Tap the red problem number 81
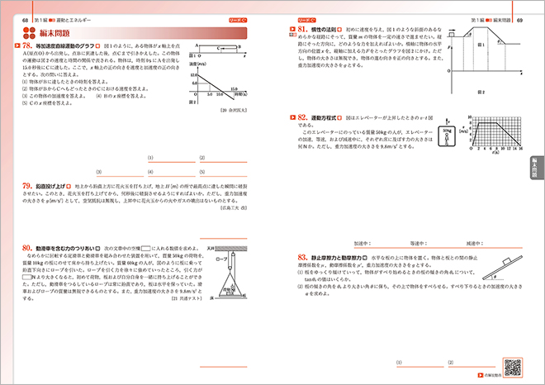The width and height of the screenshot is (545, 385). (x=303, y=29)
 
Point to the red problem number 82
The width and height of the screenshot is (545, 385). (x=303, y=118)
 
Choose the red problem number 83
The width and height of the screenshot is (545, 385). (x=303, y=257)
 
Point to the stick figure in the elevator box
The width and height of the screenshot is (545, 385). (x=447, y=136)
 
